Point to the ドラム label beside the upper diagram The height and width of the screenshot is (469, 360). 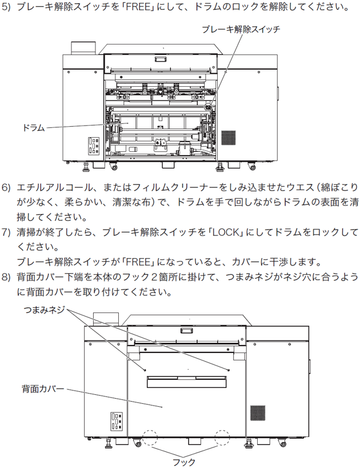(x=33, y=127)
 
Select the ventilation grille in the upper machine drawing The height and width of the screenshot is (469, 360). (x=229, y=138)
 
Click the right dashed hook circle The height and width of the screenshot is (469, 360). (x=224, y=438)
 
